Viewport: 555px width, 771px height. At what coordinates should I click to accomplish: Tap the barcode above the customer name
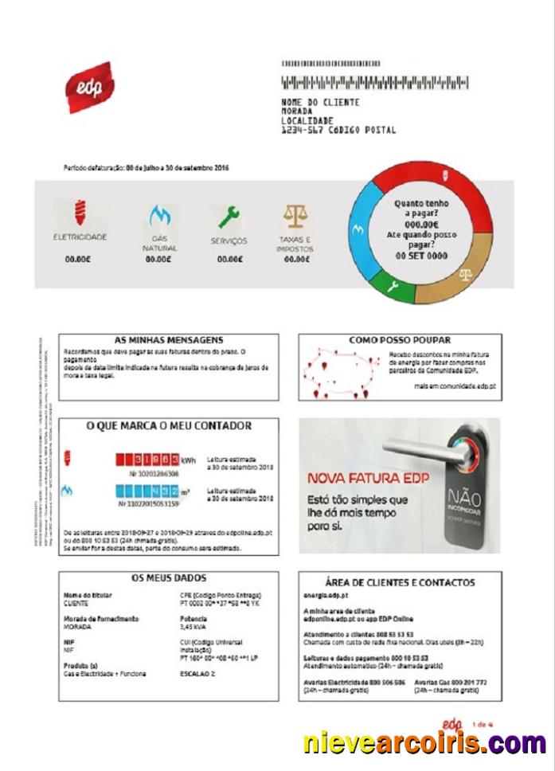pos(375,82)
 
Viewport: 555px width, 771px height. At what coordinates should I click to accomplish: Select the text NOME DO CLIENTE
pos(320,103)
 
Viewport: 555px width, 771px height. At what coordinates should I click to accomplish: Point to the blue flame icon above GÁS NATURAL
pos(160,215)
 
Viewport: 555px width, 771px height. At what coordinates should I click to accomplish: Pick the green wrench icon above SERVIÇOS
pos(229,216)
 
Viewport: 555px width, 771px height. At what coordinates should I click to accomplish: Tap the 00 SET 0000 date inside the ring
pos(421,256)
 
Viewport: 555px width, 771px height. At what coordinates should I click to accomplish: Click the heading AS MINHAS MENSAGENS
pos(169,340)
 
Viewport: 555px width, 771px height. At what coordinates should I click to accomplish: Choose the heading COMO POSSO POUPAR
pos(400,340)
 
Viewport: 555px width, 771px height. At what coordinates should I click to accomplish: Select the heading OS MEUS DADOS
pos(169,577)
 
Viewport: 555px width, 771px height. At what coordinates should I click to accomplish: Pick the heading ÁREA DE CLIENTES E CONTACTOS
pos(400,582)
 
